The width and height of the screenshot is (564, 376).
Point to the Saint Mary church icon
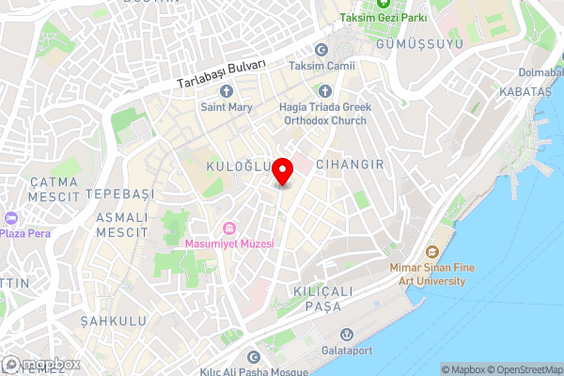(226, 91)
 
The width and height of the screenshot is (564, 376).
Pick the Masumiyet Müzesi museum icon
(228, 228)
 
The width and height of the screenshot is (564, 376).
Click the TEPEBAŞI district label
(119, 193)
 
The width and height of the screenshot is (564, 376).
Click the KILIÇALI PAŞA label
(322, 299)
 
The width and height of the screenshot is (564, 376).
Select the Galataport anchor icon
(347, 335)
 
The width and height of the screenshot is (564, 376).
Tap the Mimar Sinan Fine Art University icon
(432, 252)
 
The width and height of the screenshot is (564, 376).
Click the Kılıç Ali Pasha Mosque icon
(252, 357)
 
